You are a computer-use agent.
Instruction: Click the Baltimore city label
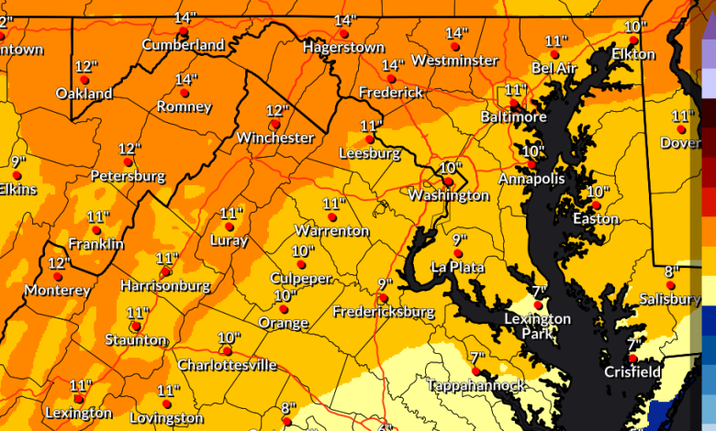click(513, 117)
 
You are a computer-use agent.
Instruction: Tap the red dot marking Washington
click(448, 182)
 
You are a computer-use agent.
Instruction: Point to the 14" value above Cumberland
click(185, 18)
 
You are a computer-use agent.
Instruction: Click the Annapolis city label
click(531, 179)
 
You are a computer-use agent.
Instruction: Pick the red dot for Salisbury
click(670, 285)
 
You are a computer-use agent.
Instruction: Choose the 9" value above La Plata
click(460, 240)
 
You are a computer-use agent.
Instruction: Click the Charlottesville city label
click(227, 365)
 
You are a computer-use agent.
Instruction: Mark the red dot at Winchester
click(274, 124)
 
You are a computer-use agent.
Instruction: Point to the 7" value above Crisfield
click(632, 344)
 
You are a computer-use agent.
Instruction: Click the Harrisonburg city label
click(165, 286)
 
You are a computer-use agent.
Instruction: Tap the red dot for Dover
click(681, 129)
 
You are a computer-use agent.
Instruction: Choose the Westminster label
click(454, 61)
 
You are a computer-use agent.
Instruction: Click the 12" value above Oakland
click(86, 67)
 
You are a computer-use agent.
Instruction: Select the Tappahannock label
click(476, 386)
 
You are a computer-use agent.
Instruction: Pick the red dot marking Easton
click(595, 204)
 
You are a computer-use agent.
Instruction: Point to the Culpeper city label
click(300, 278)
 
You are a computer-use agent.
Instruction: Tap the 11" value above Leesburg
click(371, 126)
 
